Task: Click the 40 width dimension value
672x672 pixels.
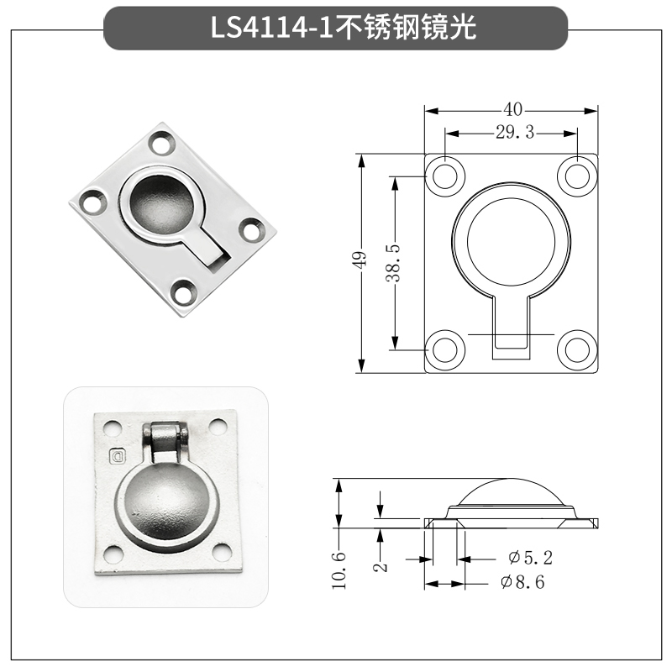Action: click(513, 109)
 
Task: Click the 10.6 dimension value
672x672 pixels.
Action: click(339, 569)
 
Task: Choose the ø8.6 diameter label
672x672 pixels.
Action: click(522, 582)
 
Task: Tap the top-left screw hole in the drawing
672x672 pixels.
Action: click(446, 175)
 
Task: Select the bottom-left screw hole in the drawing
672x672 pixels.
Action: click(445, 349)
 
